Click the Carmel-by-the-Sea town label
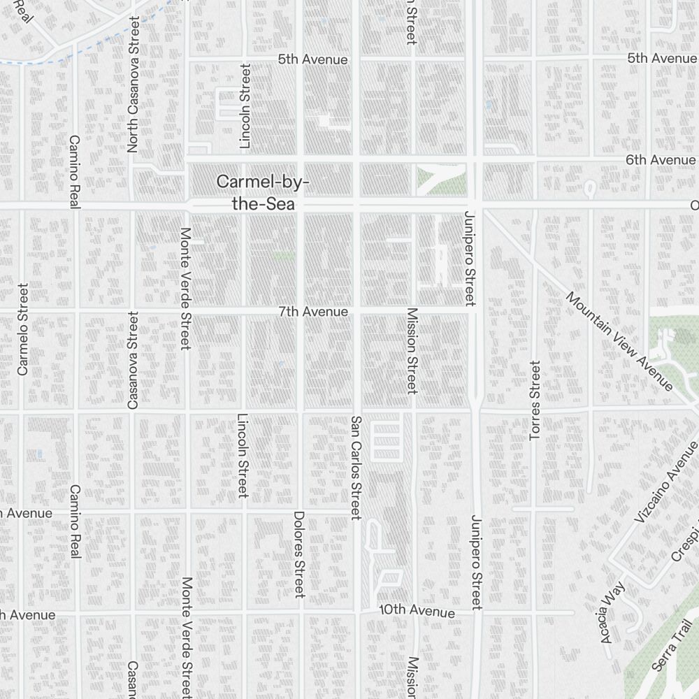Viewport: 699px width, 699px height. (262, 193)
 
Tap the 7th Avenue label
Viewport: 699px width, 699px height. (312, 311)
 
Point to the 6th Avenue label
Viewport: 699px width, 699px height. (661, 160)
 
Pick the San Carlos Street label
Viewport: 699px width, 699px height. (356, 468)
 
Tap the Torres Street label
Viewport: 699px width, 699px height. (535, 400)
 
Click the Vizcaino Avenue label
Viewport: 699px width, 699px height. (666, 482)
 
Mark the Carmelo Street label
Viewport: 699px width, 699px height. (23, 329)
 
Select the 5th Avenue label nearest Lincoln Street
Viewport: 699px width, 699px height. (312, 59)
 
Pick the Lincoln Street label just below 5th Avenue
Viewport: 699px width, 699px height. (245, 106)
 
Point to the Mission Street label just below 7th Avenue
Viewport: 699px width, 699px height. (412, 350)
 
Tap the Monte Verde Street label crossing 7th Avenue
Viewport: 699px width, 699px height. (185, 288)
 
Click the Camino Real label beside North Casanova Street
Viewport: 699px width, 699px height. (75, 171)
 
